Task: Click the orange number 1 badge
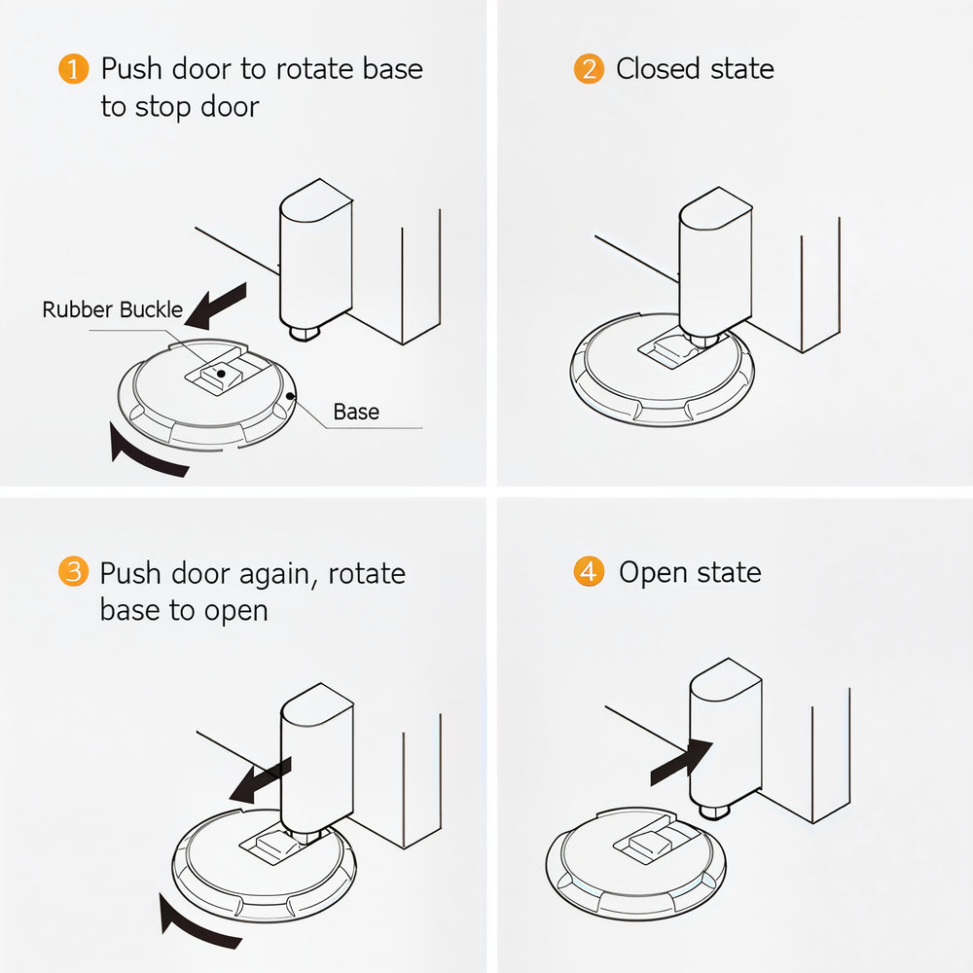click(73, 70)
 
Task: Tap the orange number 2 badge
click(588, 70)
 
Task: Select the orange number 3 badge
click(73, 572)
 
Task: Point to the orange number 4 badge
click(588, 572)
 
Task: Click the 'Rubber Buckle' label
click(112, 310)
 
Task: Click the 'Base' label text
click(356, 412)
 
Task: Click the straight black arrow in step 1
click(216, 305)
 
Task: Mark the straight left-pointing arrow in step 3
click(258, 779)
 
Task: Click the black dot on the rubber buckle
click(222, 373)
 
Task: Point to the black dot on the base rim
click(293, 397)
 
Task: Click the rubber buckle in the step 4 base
click(650, 840)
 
